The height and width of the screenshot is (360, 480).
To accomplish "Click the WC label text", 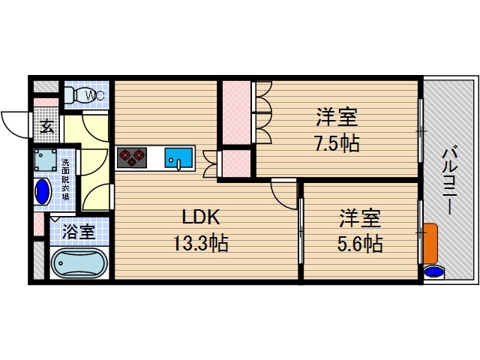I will (x=94, y=95).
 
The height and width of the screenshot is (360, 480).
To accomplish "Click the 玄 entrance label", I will (x=46, y=126).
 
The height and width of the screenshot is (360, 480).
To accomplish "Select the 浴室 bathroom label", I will (x=78, y=232).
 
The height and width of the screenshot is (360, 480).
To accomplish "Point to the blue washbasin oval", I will (x=43, y=191).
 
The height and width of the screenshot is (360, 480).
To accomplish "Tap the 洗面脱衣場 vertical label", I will (x=65, y=181).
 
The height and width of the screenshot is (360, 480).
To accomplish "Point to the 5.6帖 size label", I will (x=359, y=244).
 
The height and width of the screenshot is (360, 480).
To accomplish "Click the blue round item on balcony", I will (x=432, y=271).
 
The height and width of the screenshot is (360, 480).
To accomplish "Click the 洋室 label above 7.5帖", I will (x=335, y=118).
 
